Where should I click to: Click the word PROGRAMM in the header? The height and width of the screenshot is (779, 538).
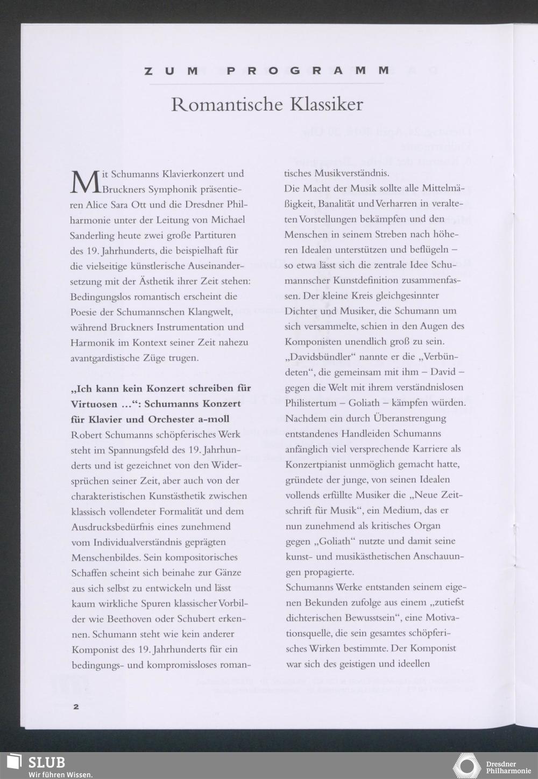[308, 70]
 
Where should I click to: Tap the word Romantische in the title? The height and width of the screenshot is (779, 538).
[228, 104]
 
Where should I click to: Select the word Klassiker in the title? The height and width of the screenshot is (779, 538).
[327, 104]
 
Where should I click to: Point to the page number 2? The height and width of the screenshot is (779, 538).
[76, 706]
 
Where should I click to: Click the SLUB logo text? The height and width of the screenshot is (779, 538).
[47, 762]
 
